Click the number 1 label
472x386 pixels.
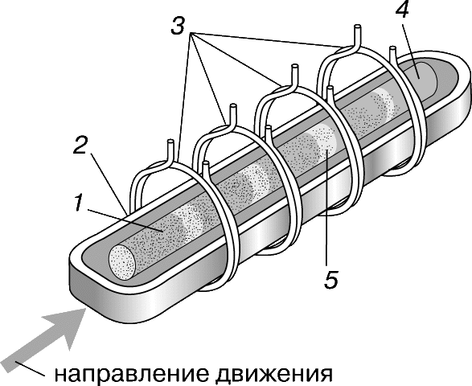tap(78, 203)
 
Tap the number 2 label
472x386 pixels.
tap(80, 144)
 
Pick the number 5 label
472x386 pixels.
tap(330, 280)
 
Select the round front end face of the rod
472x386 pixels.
tap(122, 261)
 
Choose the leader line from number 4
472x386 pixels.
tap(412, 43)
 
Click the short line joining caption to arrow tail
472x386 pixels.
tap(29, 368)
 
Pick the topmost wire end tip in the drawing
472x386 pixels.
tap(357, 27)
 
